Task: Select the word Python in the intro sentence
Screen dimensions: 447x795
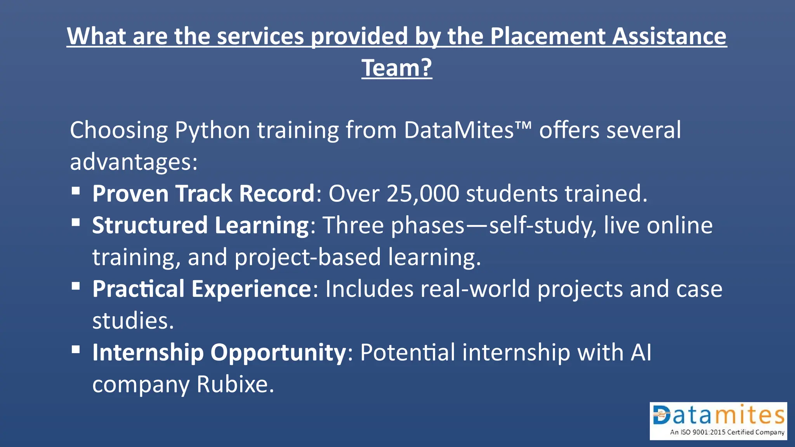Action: click(212, 130)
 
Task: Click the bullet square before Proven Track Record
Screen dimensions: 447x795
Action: click(76, 191)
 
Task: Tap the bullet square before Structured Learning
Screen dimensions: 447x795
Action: click(76, 222)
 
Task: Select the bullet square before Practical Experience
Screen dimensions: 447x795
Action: click(76, 286)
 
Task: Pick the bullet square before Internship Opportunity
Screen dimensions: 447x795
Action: click(76, 350)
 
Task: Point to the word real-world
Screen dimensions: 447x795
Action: click(475, 289)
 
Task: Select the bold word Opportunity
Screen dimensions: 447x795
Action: click(278, 353)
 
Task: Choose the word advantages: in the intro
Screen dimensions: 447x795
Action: click(134, 162)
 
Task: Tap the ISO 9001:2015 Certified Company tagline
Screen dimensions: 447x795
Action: click(727, 432)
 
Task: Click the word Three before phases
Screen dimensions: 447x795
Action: click(353, 225)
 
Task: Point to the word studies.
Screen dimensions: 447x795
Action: click(133, 321)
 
